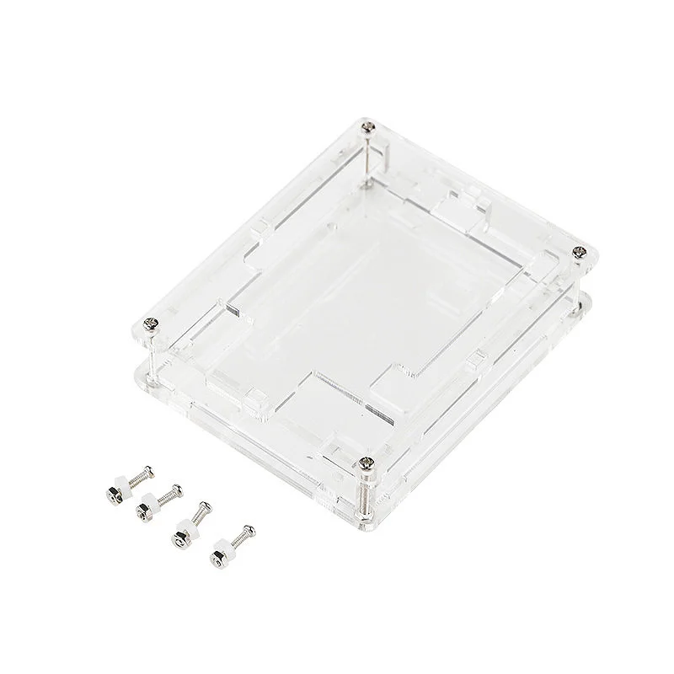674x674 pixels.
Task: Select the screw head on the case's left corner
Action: (x=152, y=321)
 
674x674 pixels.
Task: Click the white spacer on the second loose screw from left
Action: (x=152, y=500)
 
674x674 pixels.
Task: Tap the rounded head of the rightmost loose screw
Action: (x=249, y=530)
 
